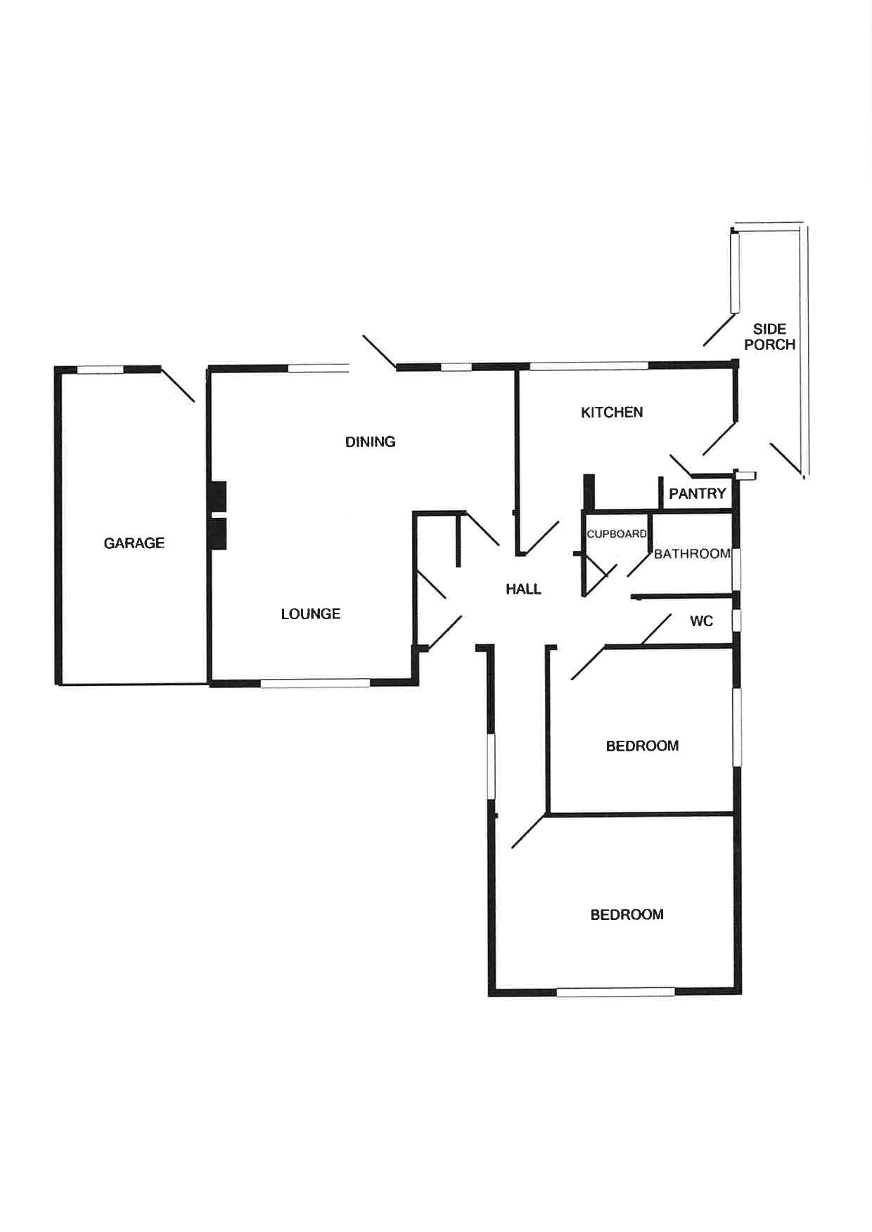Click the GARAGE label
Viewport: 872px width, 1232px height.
[134, 543]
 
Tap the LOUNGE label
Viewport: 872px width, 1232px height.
[310, 614]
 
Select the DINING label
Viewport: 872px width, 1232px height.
[370, 441]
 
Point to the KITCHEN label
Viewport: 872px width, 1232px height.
[611, 412]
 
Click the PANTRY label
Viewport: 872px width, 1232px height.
[697, 493]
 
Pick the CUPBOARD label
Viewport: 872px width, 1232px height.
[616, 534]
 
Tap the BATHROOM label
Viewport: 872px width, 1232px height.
[692, 554]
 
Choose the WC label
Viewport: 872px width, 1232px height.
[701, 621]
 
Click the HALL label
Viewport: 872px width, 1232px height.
[523, 589]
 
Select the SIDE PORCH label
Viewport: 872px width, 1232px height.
[769, 337]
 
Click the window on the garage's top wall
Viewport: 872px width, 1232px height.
[100, 369]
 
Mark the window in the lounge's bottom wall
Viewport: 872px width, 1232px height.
[315, 682]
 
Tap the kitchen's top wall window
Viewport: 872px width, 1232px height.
[589, 365]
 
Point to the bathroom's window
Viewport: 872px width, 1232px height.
[736, 569]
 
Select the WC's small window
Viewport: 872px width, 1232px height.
[736, 621]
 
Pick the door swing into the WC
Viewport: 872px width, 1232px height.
[656, 630]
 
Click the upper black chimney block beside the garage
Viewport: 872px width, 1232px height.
[218, 495]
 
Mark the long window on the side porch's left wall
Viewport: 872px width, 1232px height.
[735, 273]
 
